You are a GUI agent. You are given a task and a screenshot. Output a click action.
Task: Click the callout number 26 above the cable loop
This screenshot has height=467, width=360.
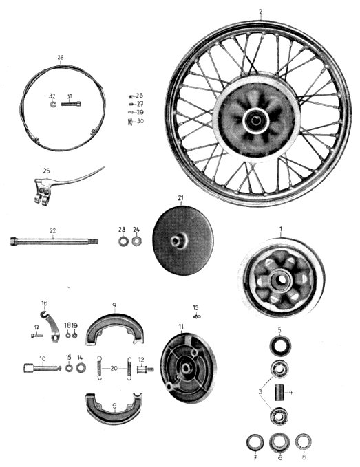point(60,58)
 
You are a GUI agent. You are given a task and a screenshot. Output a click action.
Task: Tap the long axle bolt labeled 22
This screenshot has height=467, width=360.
point(54,241)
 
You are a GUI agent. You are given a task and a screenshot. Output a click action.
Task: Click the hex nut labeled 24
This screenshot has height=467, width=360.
point(136,241)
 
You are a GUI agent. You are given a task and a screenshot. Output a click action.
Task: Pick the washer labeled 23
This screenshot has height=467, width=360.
point(123,241)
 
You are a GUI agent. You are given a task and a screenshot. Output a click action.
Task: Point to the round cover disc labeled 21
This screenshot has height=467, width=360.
point(182,240)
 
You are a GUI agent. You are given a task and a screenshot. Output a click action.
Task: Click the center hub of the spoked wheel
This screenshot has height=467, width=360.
point(255,120)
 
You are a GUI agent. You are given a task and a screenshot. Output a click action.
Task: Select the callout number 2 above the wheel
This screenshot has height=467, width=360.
point(260,12)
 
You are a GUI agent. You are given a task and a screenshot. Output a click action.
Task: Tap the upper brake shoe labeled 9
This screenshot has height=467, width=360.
point(115,327)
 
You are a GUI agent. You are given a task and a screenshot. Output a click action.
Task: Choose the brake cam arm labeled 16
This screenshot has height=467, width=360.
point(50,325)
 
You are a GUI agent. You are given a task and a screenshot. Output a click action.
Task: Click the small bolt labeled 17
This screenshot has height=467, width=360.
point(37,336)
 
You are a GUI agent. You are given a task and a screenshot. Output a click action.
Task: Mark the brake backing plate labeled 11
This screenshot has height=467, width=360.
point(189,368)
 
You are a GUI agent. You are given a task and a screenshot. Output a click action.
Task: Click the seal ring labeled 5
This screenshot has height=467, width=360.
point(280,345)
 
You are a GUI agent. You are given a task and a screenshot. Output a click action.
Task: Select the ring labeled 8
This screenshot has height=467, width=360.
point(304,442)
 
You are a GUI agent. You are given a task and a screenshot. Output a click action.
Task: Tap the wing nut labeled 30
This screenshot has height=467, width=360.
point(131,122)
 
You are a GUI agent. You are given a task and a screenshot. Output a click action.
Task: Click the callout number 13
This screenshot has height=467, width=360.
point(195,308)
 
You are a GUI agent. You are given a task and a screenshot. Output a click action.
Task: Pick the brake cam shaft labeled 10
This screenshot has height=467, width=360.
point(42,368)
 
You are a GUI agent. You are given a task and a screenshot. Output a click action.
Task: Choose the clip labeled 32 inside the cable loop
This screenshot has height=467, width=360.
point(53,105)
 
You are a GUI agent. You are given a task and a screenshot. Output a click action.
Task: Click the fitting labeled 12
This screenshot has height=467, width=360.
point(145,369)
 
